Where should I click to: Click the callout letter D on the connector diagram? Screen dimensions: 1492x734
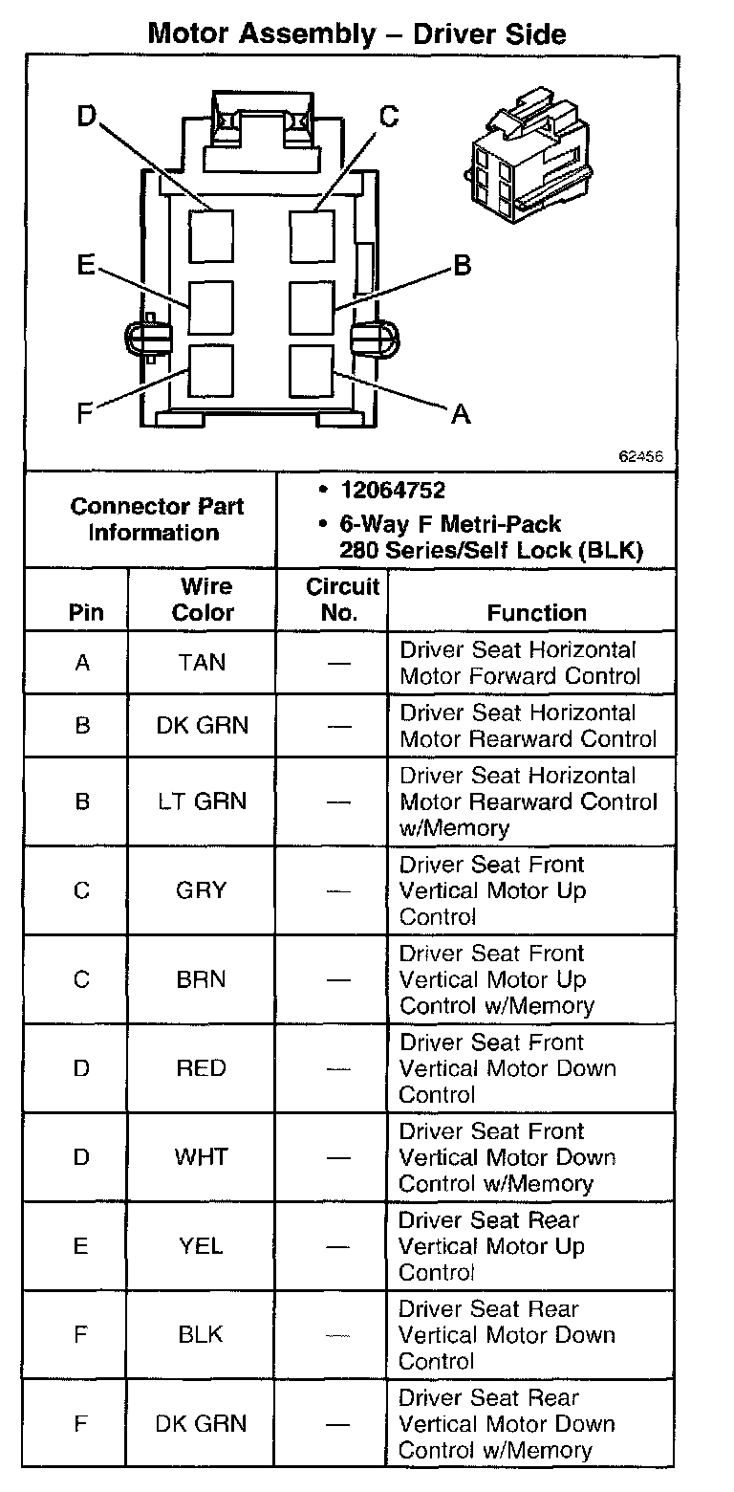(x=87, y=117)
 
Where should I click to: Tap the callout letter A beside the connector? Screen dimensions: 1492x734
(x=461, y=413)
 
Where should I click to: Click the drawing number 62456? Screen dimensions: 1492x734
(x=641, y=457)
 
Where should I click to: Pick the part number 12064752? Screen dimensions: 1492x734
(x=393, y=491)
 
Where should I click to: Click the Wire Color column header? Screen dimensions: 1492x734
(x=203, y=600)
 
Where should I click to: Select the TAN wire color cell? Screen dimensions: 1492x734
(x=202, y=662)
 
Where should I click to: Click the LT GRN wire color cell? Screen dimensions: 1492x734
(x=202, y=801)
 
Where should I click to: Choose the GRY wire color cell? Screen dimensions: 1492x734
(x=202, y=890)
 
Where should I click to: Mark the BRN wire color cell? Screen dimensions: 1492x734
(x=202, y=979)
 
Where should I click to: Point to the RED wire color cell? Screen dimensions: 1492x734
(x=202, y=1068)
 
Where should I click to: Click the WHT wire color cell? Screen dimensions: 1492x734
(x=202, y=1157)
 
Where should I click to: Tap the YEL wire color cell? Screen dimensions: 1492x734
(x=202, y=1246)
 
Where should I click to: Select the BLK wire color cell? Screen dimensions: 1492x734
(x=202, y=1335)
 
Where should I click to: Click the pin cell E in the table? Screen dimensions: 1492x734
(x=81, y=1246)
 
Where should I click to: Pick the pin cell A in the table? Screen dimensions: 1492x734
(x=82, y=662)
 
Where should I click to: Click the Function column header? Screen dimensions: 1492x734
(x=537, y=612)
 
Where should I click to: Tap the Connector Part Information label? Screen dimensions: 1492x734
(x=157, y=519)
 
